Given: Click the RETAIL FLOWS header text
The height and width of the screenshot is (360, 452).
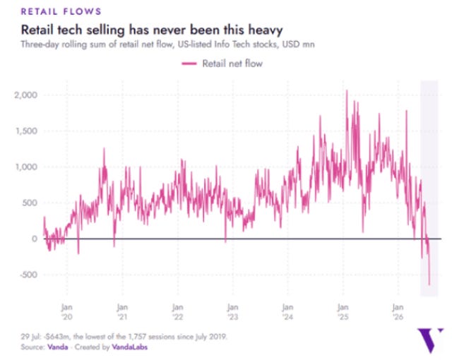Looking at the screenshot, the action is [61, 11].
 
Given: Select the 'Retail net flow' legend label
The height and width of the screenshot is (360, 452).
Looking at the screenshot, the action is [232, 64].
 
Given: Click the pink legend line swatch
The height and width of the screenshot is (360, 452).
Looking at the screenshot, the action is [189, 64].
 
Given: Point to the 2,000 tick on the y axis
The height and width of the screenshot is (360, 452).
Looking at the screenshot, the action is [26, 95].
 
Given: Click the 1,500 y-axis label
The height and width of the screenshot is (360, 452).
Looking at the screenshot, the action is [27, 131].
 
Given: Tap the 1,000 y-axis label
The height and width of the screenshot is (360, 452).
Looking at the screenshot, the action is [27, 167].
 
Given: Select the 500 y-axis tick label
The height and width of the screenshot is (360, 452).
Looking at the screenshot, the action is [30, 203].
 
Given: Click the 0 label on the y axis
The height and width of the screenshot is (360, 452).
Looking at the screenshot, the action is [35, 239].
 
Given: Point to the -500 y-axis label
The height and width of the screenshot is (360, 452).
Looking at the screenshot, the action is [29, 275].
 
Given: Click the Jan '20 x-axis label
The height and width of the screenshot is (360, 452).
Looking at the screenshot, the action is [67, 312].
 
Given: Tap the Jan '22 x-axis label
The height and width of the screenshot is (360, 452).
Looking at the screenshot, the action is [177, 312].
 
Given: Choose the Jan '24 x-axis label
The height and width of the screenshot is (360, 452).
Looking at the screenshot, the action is [287, 312].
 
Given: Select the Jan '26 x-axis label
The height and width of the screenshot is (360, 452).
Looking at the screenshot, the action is [398, 312].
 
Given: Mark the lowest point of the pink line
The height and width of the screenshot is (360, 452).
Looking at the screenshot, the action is [429, 285].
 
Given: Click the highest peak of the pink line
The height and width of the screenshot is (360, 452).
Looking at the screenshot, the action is [347, 90].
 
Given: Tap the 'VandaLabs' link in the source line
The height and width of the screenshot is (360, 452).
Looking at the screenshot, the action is [130, 347].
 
